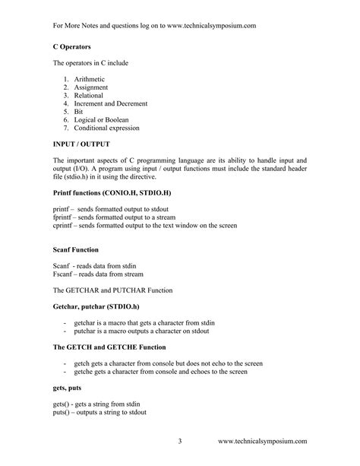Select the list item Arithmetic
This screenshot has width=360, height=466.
point(90,79)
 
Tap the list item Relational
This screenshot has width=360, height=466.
point(90,96)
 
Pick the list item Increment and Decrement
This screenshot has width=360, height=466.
point(111,103)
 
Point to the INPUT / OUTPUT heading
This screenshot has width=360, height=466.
point(81,144)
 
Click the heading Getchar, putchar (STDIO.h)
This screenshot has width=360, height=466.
point(96,306)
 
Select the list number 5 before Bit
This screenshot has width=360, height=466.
point(66,112)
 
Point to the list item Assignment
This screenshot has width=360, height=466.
point(93,87)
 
